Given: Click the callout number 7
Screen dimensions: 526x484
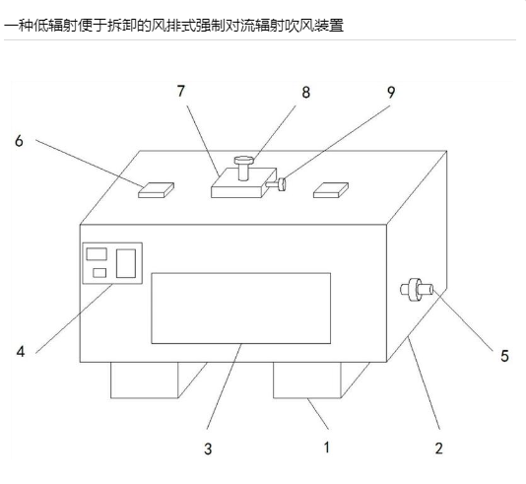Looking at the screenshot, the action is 181,91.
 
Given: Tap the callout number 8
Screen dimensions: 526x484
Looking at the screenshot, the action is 305,93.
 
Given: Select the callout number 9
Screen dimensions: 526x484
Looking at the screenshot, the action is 391,93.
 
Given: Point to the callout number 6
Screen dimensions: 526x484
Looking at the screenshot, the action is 19,141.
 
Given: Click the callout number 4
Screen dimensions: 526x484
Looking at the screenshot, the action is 21,352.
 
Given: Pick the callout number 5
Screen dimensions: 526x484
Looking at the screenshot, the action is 505,356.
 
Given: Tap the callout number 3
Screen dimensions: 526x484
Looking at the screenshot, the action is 208,449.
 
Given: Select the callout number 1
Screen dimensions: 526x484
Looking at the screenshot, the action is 326,448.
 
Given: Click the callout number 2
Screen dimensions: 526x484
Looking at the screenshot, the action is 438,449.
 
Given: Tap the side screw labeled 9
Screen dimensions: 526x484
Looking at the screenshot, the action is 277,184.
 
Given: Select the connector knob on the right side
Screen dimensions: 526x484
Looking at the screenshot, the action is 417,290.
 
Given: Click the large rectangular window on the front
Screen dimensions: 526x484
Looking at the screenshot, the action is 241,309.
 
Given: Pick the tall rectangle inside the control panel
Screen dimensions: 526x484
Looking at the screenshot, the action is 126,263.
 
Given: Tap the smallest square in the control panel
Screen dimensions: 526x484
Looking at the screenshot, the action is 99,273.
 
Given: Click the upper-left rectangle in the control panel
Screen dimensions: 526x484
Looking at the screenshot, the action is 97,254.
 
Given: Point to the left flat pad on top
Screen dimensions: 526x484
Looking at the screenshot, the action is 156,190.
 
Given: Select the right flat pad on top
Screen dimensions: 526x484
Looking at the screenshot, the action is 331,190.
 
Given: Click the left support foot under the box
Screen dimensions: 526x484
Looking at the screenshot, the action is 158,380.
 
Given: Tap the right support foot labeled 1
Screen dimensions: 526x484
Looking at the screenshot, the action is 320,380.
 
